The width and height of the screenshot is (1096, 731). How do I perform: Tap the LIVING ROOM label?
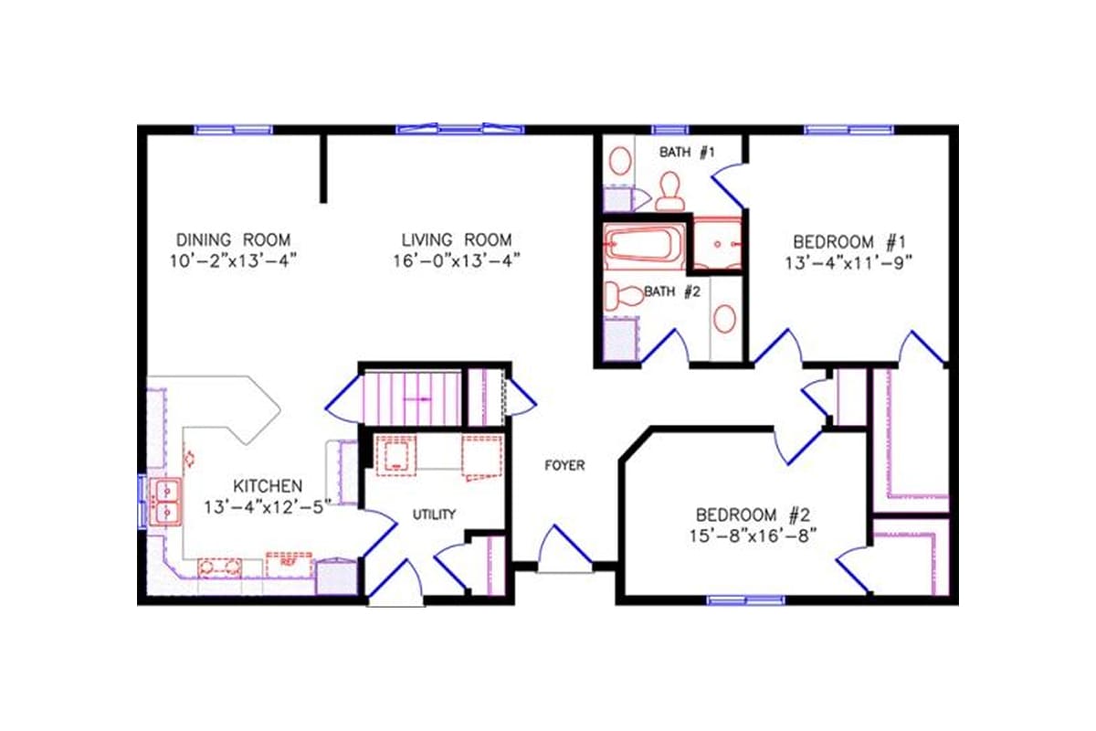(x=457, y=240)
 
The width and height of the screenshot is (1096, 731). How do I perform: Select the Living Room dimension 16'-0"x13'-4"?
(x=457, y=260)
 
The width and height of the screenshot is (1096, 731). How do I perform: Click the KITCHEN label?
(x=268, y=485)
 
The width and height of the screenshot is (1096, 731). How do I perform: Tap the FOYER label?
(x=564, y=465)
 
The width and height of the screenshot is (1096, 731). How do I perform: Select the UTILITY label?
(x=434, y=514)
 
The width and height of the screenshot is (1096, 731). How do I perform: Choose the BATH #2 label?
(x=672, y=292)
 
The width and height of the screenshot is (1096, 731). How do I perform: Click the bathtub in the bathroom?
(x=643, y=246)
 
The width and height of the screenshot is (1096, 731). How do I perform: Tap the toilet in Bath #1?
(x=671, y=189)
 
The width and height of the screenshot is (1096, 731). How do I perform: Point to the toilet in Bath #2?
(x=627, y=296)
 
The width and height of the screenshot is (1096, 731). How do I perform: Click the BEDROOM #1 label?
(x=848, y=242)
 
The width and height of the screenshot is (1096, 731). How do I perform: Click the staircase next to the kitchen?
(x=410, y=398)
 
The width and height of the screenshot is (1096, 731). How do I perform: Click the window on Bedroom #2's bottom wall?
(x=746, y=600)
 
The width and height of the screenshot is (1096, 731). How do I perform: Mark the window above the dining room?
(x=233, y=130)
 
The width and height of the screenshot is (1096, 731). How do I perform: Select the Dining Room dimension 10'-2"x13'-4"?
(x=233, y=260)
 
